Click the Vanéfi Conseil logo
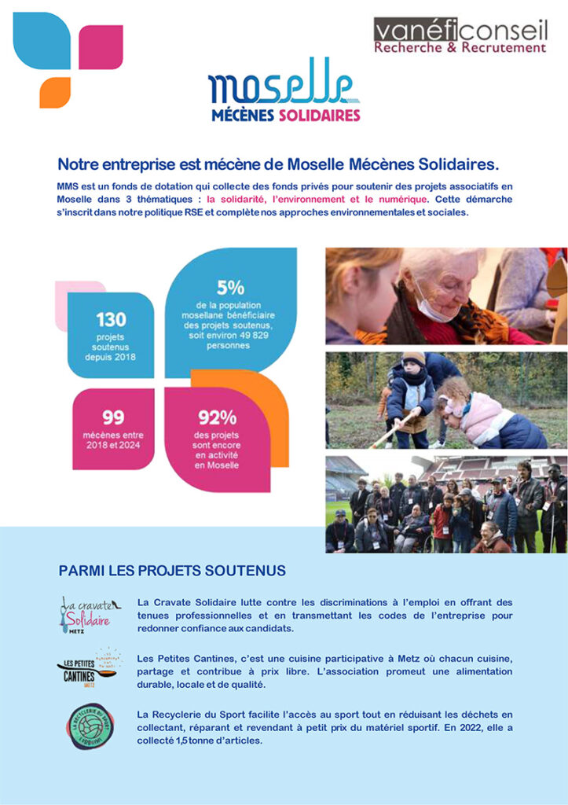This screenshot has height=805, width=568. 460,35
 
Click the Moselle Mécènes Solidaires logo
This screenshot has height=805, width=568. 284,93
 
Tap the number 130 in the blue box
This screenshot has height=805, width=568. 111,320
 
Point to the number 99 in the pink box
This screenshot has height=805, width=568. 113,417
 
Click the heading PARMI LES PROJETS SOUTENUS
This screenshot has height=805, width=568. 172,569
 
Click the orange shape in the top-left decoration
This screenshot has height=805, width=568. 54,91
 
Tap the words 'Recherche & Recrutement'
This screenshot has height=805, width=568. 460,47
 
